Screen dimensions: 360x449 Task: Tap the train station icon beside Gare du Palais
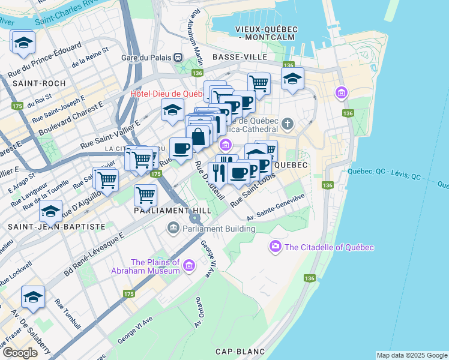(x=178, y=58)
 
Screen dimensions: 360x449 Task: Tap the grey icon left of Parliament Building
(x=174, y=228)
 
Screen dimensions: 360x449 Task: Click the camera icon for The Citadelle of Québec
(x=276, y=247)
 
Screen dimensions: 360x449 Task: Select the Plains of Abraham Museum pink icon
(x=189, y=265)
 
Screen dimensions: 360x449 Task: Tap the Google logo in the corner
(x=20, y=353)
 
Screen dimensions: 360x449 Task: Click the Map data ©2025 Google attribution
(x=412, y=355)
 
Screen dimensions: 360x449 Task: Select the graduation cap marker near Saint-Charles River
(x=23, y=43)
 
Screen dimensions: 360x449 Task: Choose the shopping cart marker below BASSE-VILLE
(x=259, y=83)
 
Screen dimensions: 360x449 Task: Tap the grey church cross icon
(x=288, y=125)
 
